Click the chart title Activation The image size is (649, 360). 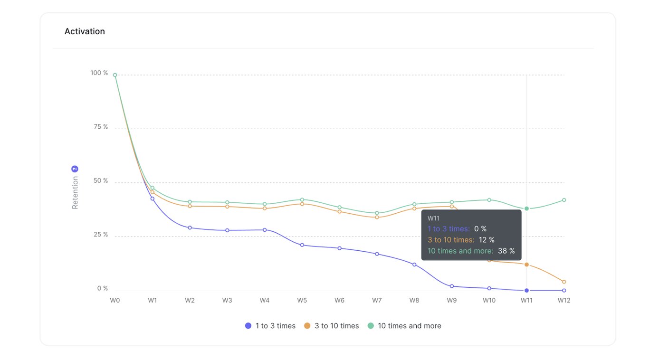[x=85, y=31]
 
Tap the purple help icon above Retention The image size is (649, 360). [x=75, y=169]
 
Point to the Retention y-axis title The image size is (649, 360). [x=75, y=192]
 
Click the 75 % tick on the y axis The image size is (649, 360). [x=99, y=127]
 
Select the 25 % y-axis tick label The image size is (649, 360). [x=99, y=235]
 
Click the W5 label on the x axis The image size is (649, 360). [x=302, y=300]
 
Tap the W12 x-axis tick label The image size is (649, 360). [x=563, y=300]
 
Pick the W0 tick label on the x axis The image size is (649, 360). [x=115, y=300]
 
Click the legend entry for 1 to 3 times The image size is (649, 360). [x=270, y=326]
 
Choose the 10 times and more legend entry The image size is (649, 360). [x=404, y=326]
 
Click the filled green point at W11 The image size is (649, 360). [x=526, y=208]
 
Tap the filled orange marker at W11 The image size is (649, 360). [x=526, y=265]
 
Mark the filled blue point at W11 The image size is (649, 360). [x=526, y=290]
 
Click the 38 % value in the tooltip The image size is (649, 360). [x=506, y=251]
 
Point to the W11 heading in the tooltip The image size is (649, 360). [x=433, y=218]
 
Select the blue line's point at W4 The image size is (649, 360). [x=265, y=230]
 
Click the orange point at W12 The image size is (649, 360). [x=564, y=282]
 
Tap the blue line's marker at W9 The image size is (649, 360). [x=451, y=286]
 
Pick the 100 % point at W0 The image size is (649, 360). [x=115, y=75]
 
